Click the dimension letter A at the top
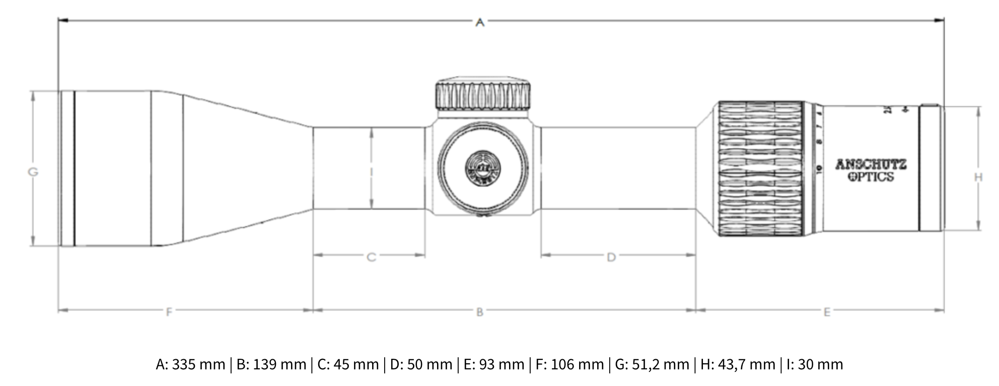(480, 22)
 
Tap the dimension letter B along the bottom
(480, 312)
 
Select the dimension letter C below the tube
(371, 258)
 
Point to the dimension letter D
(611, 258)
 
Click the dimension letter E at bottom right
(827, 312)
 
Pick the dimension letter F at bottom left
(169, 312)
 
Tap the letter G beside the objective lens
(33, 172)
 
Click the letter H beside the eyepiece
(978, 177)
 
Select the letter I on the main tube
(372, 172)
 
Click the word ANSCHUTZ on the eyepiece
(871, 165)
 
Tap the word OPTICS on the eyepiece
(871, 177)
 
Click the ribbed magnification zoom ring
(760, 169)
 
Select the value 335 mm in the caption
(198, 364)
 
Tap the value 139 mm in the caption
(279, 364)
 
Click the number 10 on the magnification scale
(818, 169)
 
